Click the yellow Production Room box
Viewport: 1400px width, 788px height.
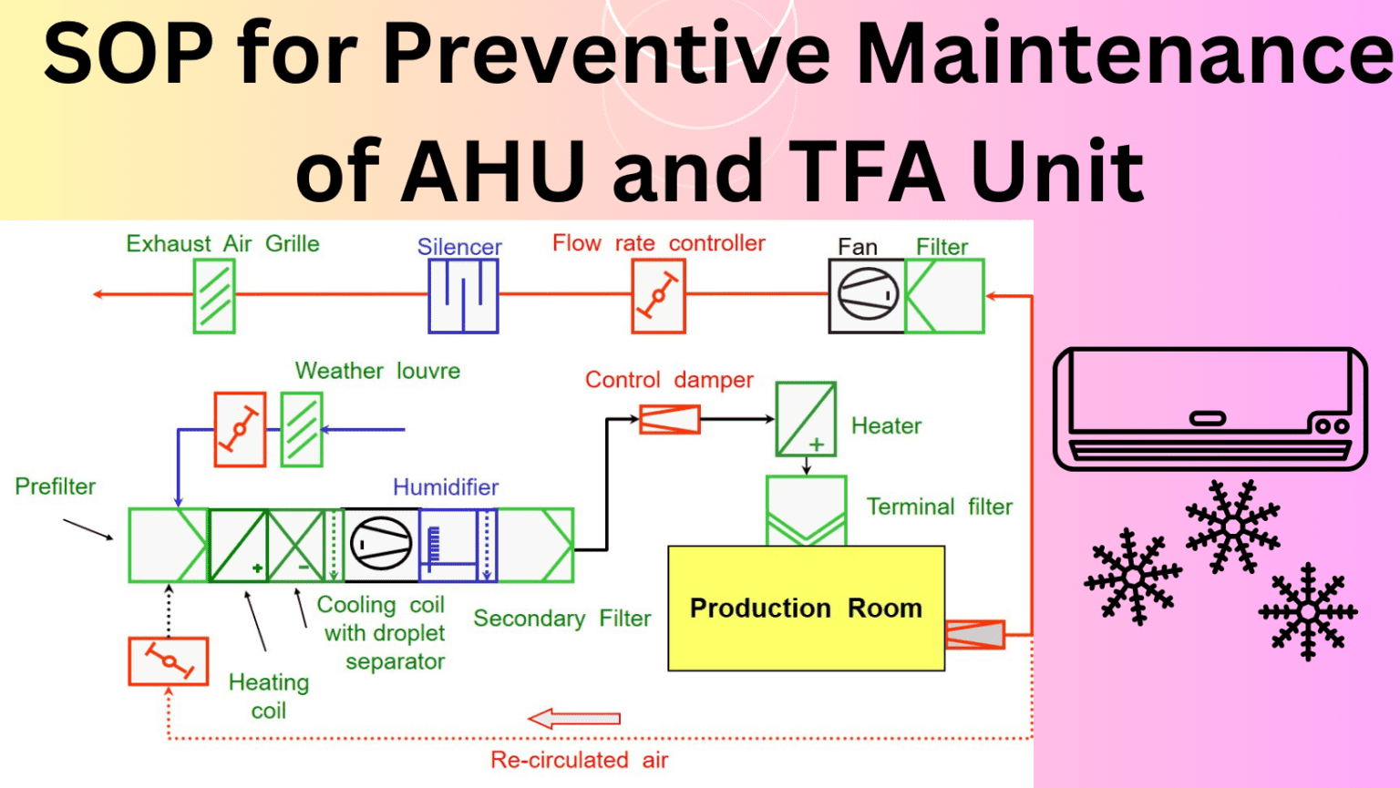(x=807, y=608)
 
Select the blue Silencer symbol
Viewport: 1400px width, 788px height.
(x=463, y=295)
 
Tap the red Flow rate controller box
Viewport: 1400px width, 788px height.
(x=658, y=295)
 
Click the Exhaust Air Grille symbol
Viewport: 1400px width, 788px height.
(x=214, y=295)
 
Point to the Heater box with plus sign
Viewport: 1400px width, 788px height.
(x=806, y=419)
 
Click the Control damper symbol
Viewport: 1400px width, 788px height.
(x=669, y=419)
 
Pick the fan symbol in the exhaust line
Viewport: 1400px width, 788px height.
(x=867, y=295)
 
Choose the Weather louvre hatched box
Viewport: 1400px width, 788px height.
(x=302, y=429)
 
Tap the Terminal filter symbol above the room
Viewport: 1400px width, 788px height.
(x=807, y=510)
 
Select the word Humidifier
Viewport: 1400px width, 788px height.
(x=446, y=486)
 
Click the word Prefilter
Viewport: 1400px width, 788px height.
(x=55, y=486)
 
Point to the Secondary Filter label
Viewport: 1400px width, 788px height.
(x=561, y=618)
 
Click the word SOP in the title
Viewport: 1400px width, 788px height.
(x=129, y=53)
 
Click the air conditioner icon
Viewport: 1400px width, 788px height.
(x=1210, y=409)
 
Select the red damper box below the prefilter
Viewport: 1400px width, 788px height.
(x=168, y=661)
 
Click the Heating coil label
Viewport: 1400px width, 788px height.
(x=269, y=696)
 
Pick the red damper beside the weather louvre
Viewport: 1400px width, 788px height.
(x=240, y=429)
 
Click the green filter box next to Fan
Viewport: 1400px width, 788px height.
(x=944, y=295)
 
